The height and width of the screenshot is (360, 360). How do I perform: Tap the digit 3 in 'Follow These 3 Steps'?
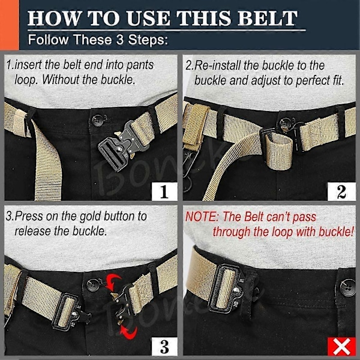pos(119,40)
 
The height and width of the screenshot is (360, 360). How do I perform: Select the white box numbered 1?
pos(164,191)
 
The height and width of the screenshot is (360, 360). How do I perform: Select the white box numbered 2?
pos(341,191)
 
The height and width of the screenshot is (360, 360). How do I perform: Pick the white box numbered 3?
pos(164,346)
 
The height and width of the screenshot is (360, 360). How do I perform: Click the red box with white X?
pos(341,346)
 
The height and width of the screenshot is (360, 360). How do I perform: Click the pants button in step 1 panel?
pos(98,121)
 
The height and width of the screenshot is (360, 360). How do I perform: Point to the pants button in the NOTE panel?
pos(347,287)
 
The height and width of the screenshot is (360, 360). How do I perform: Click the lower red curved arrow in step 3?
pos(129,332)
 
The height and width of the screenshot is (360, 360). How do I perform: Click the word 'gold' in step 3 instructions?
pos(91,217)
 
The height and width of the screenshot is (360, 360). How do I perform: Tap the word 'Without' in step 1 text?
pos(61,80)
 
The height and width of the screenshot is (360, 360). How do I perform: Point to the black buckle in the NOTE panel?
pos(227,289)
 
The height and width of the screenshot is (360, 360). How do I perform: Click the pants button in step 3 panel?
pos(93,285)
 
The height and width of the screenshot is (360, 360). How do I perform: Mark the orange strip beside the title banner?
pos(9,25)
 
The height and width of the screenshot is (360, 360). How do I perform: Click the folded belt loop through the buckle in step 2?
pos(278,152)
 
